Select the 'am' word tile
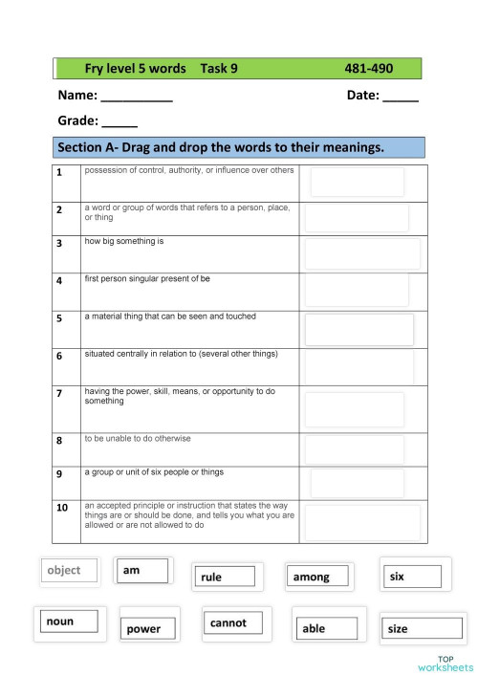(x=142, y=570)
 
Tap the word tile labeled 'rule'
(x=227, y=577)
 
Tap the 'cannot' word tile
(x=235, y=622)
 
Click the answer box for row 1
(x=357, y=183)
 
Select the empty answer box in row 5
(x=358, y=329)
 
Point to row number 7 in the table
(x=59, y=393)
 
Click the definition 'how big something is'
(x=124, y=241)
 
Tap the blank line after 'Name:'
(x=137, y=98)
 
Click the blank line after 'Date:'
(x=401, y=98)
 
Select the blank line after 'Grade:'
(x=119, y=122)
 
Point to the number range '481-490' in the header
(x=369, y=69)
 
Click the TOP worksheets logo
(x=445, y=663)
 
